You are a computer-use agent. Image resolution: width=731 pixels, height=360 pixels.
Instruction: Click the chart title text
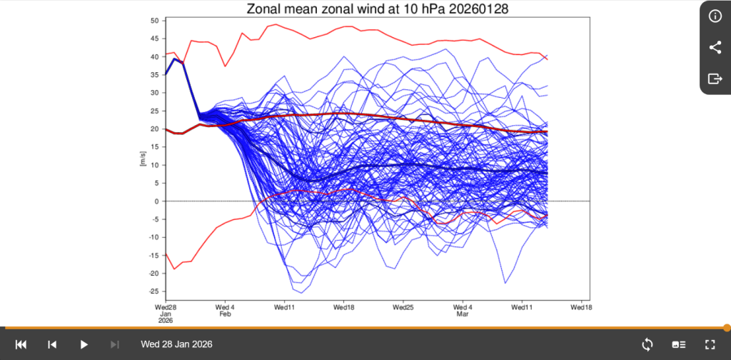[377, 9]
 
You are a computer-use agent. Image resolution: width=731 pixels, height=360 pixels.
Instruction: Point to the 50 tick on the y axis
[155, 21]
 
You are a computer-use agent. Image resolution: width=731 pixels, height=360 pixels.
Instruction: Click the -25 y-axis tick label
[153, 291]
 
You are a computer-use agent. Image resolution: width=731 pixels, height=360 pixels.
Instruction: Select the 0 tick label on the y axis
[157, 201]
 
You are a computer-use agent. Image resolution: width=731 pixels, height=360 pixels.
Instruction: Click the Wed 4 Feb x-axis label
[225, 311]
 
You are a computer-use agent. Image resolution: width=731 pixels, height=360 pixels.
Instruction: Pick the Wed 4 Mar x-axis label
[463, 311]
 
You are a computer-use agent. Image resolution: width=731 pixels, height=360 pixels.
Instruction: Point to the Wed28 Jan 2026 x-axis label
[166, 314]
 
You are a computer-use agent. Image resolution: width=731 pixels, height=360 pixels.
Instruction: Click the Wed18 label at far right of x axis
[581, 307]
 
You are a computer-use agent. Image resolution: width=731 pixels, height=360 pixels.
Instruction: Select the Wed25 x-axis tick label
[403, 307]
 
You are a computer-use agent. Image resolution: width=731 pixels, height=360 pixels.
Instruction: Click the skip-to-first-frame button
[21, 344]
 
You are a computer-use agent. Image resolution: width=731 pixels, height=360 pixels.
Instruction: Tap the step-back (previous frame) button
[52, 344]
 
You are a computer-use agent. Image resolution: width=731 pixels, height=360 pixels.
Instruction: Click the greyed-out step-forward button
[114, 344]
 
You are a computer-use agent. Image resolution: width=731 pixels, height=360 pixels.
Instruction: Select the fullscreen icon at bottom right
[710, 344]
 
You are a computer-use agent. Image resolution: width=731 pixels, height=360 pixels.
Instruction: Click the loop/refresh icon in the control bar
[647, 344]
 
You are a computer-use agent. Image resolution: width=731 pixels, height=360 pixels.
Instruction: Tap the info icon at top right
[715, 16]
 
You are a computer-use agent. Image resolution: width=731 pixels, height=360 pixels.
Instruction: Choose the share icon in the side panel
[715, 47]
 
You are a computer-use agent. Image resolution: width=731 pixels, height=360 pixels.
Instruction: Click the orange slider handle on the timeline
[727, 328]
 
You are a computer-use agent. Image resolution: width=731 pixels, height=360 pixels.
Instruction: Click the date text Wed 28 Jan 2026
[177, 344]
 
